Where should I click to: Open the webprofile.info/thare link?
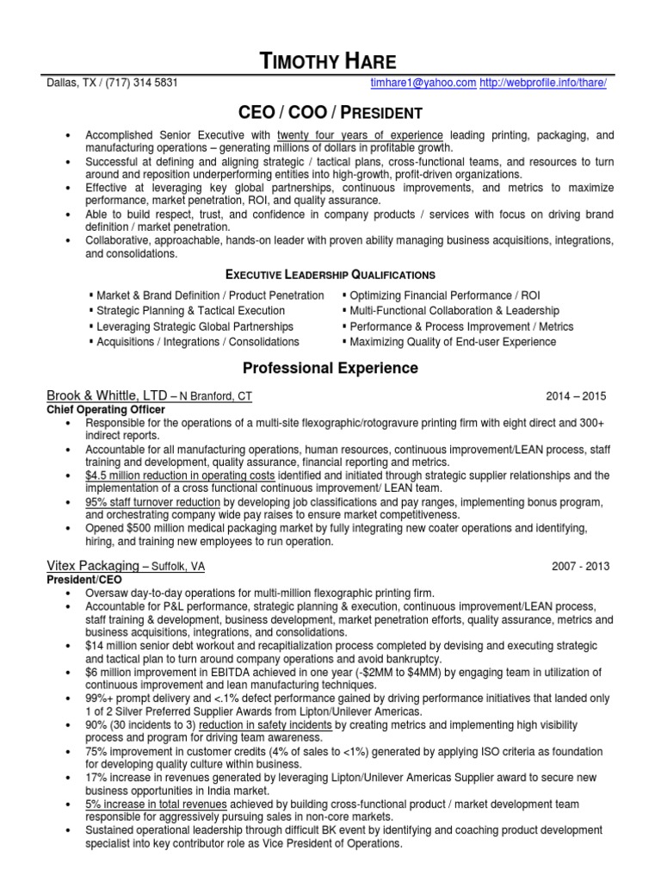(544, 83)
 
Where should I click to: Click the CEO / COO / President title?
(330, 113)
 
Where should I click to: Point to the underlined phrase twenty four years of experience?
(360, 136)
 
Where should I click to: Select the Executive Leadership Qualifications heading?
(330, 275)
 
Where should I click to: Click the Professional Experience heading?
(330, 369)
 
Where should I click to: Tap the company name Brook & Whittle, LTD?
(108, 396)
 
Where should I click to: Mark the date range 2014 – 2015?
(576, 397)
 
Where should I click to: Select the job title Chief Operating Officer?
(105, 409)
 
